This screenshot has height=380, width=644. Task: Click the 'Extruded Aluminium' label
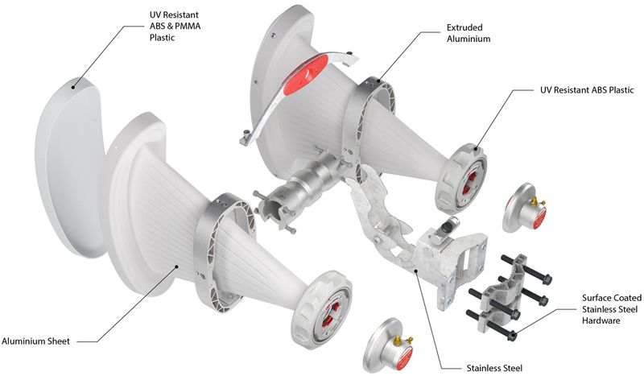(x=469, y=33)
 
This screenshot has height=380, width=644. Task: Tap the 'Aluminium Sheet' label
(x=35, y=341)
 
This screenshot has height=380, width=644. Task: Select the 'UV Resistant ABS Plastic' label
(x=587, y=90)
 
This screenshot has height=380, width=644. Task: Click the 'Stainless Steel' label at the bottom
(x=494, y=368)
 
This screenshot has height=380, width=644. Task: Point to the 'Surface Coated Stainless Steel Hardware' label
(x=612, y=309)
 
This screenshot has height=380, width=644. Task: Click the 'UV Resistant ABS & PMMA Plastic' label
(x=175, y=27)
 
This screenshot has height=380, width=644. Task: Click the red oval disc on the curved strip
(x=306, y=74)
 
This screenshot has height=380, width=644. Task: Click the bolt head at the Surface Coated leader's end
(x=512, y=336)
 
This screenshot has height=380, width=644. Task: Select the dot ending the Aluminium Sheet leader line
(x=177, y=266)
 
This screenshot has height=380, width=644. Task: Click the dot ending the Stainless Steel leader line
(x=415, y=271)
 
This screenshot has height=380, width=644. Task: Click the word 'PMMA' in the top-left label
(x=188, y=27)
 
